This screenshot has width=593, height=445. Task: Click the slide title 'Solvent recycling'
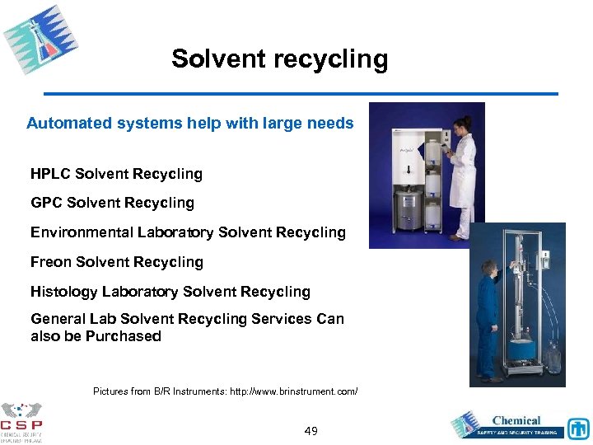pyautogui.click(x=279, y=59)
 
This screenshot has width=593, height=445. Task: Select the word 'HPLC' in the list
pyautogui.click(x=52, y=174)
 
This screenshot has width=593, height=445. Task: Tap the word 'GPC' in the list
pyautogui.click(x=47, y=203)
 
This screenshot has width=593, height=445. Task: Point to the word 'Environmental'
pyautogui.click(x=80, y=232)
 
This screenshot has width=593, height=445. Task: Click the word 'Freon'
pyautogui.click(x=51, y=262)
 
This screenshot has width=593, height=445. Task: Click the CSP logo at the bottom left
pyautogui.click(x=21, y=422)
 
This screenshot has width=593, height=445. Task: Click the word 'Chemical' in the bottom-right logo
pyautogui.click(x=516, y=421)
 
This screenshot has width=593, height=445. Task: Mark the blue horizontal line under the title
pyautogui.click(x=301, y=94)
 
